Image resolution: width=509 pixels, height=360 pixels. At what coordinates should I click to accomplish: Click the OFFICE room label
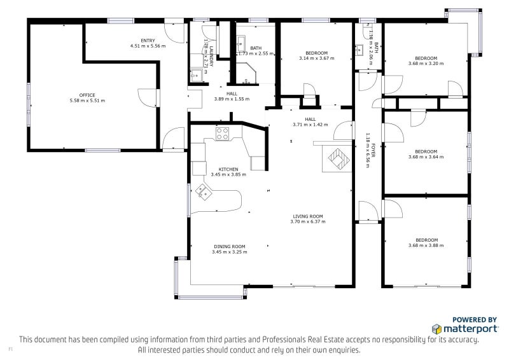click(87, 95)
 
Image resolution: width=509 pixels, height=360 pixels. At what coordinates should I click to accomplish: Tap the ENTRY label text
click(148, 41)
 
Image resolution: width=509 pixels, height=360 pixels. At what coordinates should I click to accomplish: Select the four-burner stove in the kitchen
click(222, 134)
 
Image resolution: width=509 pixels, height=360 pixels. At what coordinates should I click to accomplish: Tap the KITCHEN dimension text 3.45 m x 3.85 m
click(228, 174)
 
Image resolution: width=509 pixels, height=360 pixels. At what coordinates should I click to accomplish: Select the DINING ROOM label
click(229, 246)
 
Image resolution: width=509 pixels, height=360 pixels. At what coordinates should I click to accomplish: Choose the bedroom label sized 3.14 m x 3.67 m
click(316, 53)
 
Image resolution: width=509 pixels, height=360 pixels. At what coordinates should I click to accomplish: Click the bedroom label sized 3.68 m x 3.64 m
click(426, 151)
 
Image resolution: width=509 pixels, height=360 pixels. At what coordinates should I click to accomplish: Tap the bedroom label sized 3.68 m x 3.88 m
click(426, 240)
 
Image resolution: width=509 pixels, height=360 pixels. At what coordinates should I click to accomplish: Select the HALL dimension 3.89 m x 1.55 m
click(232, 99)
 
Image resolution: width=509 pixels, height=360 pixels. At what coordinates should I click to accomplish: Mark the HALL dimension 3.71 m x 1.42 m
click(310, 125)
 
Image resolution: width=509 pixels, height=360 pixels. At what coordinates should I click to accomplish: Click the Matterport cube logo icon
click(437, 329)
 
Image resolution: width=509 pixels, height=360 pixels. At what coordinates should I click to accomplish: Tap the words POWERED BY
click(474, 320)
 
